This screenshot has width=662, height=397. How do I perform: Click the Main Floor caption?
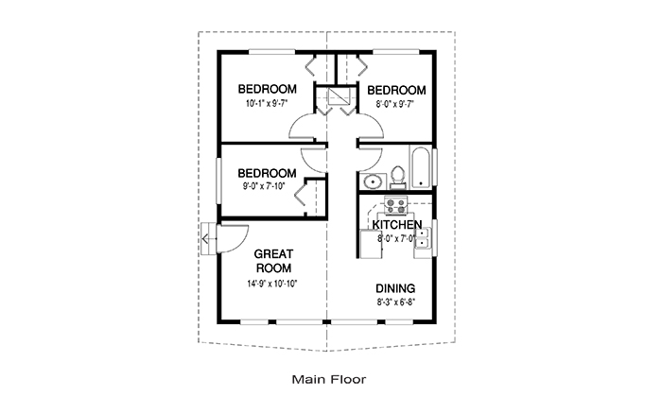[x=329, y=379]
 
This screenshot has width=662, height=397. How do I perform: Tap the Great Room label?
[x=273, y=261]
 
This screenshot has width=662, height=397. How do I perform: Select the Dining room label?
[x=395, y=288]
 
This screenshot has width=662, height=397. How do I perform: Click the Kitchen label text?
[x=397, y=224]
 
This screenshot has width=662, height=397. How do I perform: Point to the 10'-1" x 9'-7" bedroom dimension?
[x=267, y=103]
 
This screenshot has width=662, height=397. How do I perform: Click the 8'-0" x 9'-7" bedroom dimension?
[x=394, y=104]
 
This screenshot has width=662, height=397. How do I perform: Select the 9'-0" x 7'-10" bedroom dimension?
[x=264, y=186]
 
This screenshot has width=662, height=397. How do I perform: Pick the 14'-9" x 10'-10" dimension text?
[x=272, y=284]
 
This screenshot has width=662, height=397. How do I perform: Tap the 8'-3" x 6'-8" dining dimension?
[x=394, y=302]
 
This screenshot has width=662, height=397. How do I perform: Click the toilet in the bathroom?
[x=397, y=177]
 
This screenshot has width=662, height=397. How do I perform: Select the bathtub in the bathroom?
[x=421, y=167]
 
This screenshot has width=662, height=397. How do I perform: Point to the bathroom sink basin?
[x=373, y=181]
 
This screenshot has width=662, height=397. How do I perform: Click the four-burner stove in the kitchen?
[x=395, y=205]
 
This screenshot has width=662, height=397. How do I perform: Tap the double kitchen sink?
[x=422, y=237]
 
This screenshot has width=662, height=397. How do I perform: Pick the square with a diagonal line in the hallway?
[x=339, y=95]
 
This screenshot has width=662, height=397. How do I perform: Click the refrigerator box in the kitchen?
[x=371, y=244]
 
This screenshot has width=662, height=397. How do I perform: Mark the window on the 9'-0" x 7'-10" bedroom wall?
[x=218, y=181]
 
